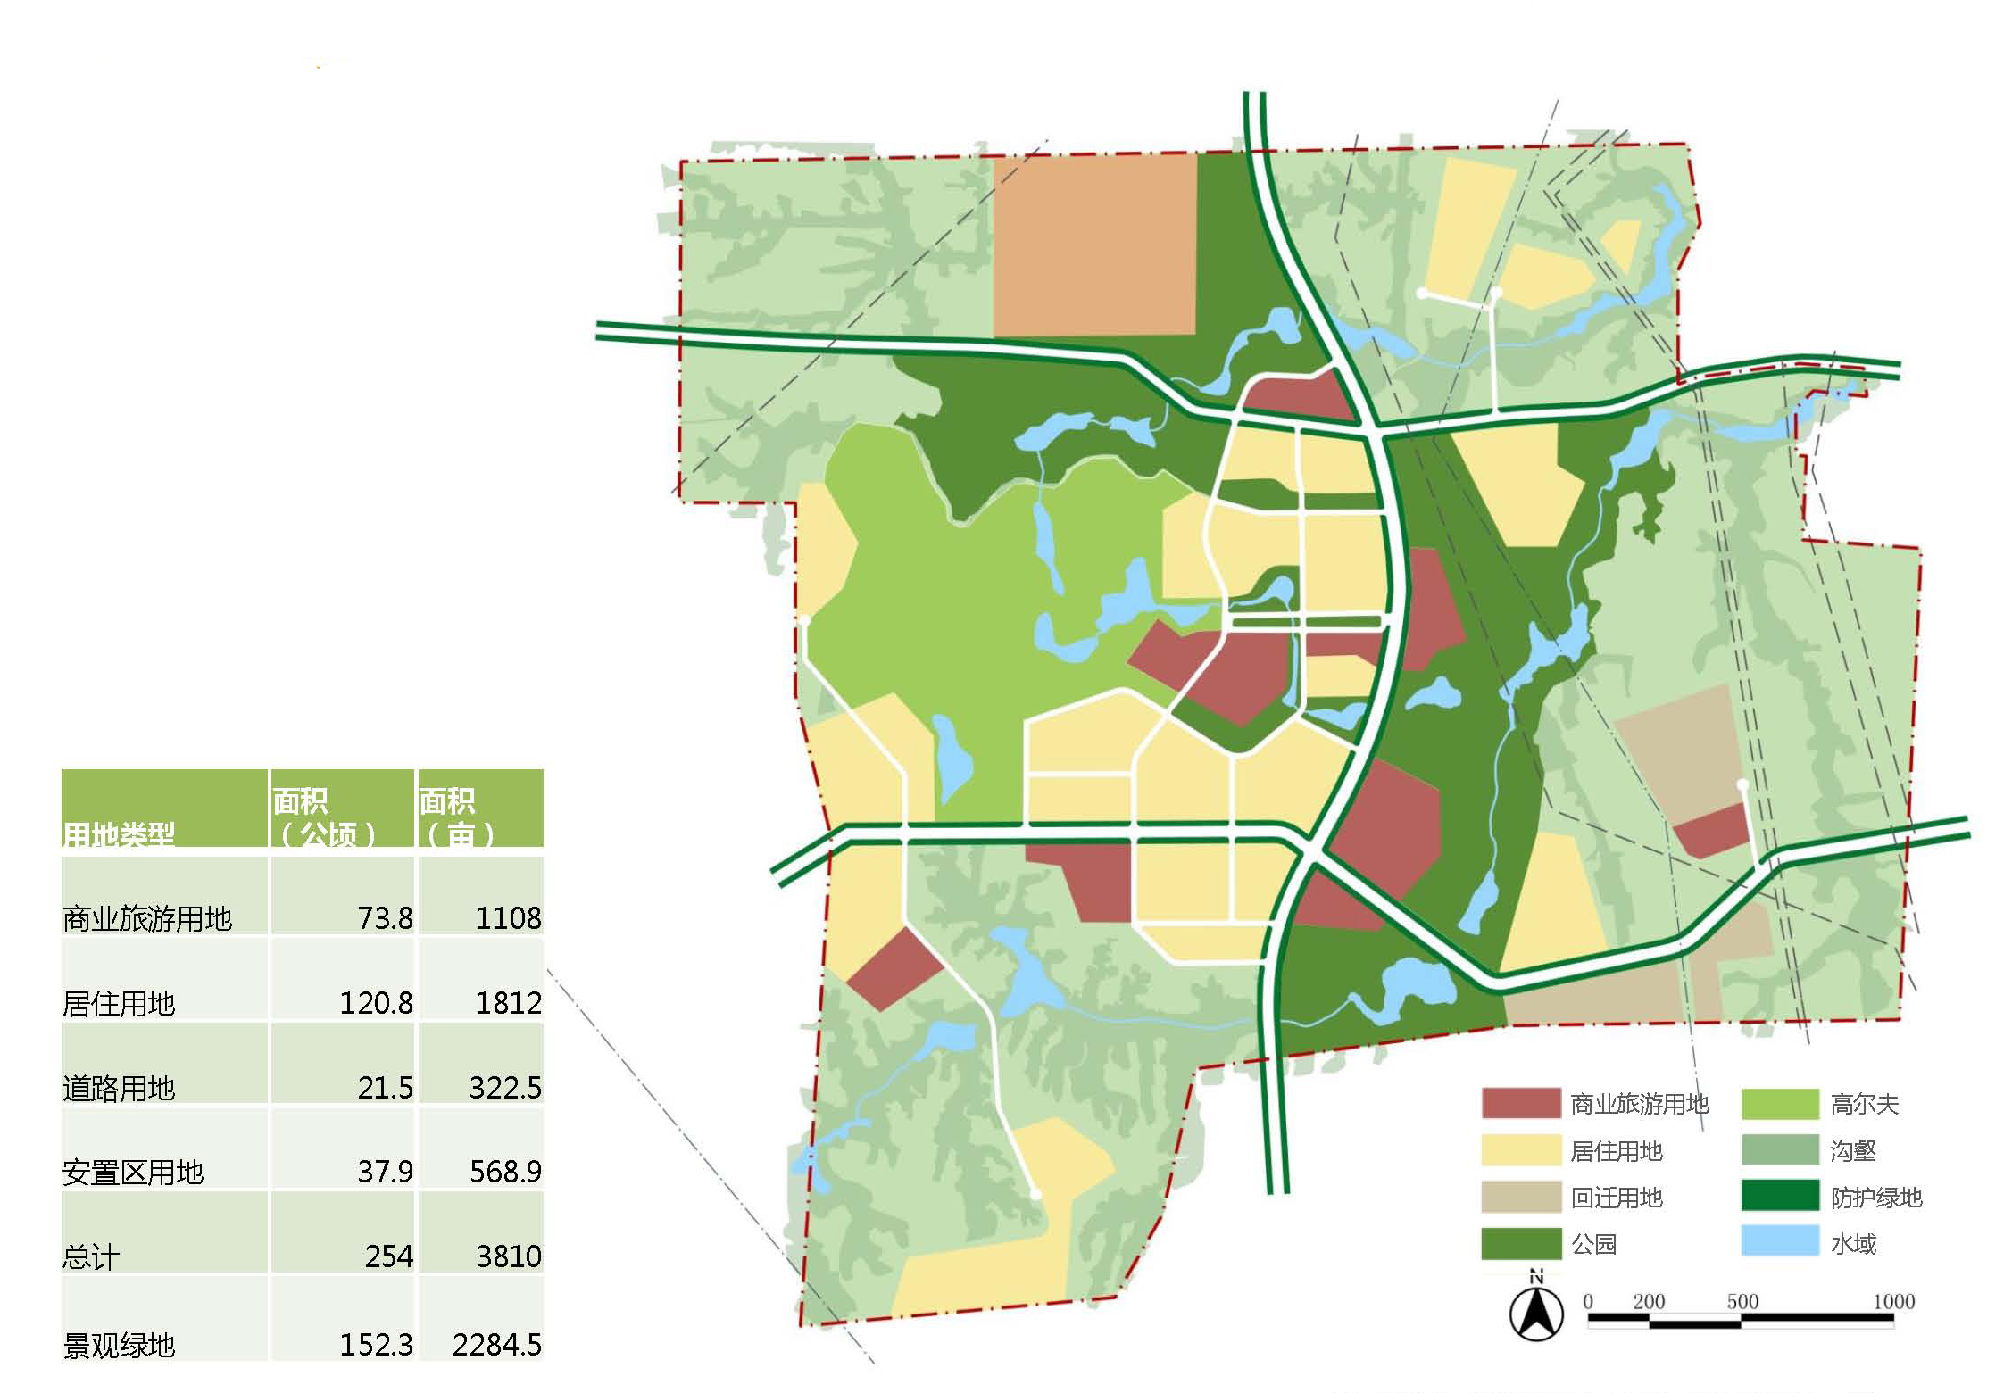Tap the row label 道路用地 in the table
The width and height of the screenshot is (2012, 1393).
[x=119, y=1088]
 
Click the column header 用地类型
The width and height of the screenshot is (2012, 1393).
[x=118, y=835]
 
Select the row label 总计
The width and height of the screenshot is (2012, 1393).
[x=91, y=1256]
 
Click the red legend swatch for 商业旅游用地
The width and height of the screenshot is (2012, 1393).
[x=1520, y=1104]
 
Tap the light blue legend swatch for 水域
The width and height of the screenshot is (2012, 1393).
[x=1779, y=1242]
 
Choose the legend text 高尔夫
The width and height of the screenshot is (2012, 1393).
[x=1864, y=1104]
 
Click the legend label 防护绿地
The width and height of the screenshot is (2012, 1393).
[x=1875, y=1197]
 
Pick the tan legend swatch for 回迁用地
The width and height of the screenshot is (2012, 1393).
[x=1520, y=1197]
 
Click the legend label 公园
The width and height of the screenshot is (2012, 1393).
[x=1593, y=1243]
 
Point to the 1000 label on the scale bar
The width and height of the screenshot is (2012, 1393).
[x=1893, y=1301]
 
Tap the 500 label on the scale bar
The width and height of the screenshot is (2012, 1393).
[x=1742, y=1301]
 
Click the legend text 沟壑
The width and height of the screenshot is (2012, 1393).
[x=1852, y=1150]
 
